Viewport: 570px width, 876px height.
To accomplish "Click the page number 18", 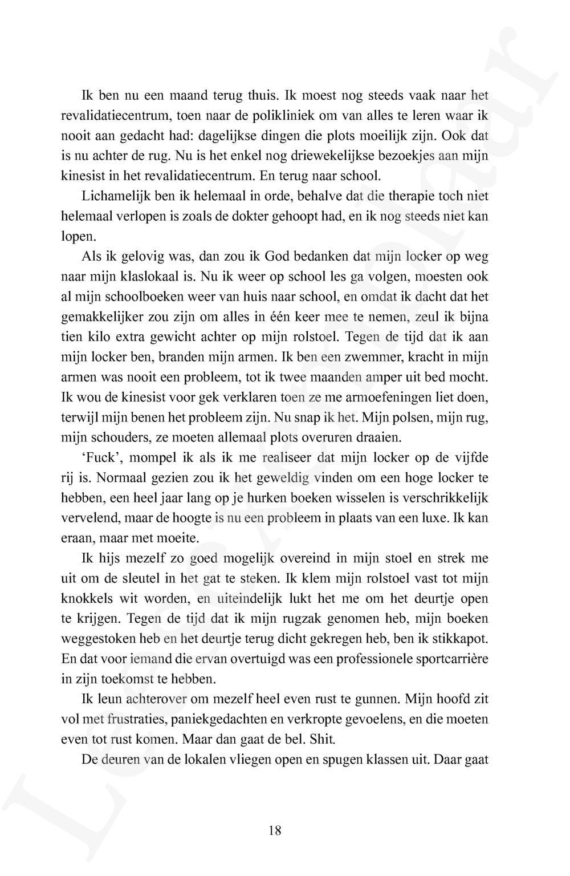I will point(274,830).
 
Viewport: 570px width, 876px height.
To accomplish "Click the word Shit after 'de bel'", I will point(323,739).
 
